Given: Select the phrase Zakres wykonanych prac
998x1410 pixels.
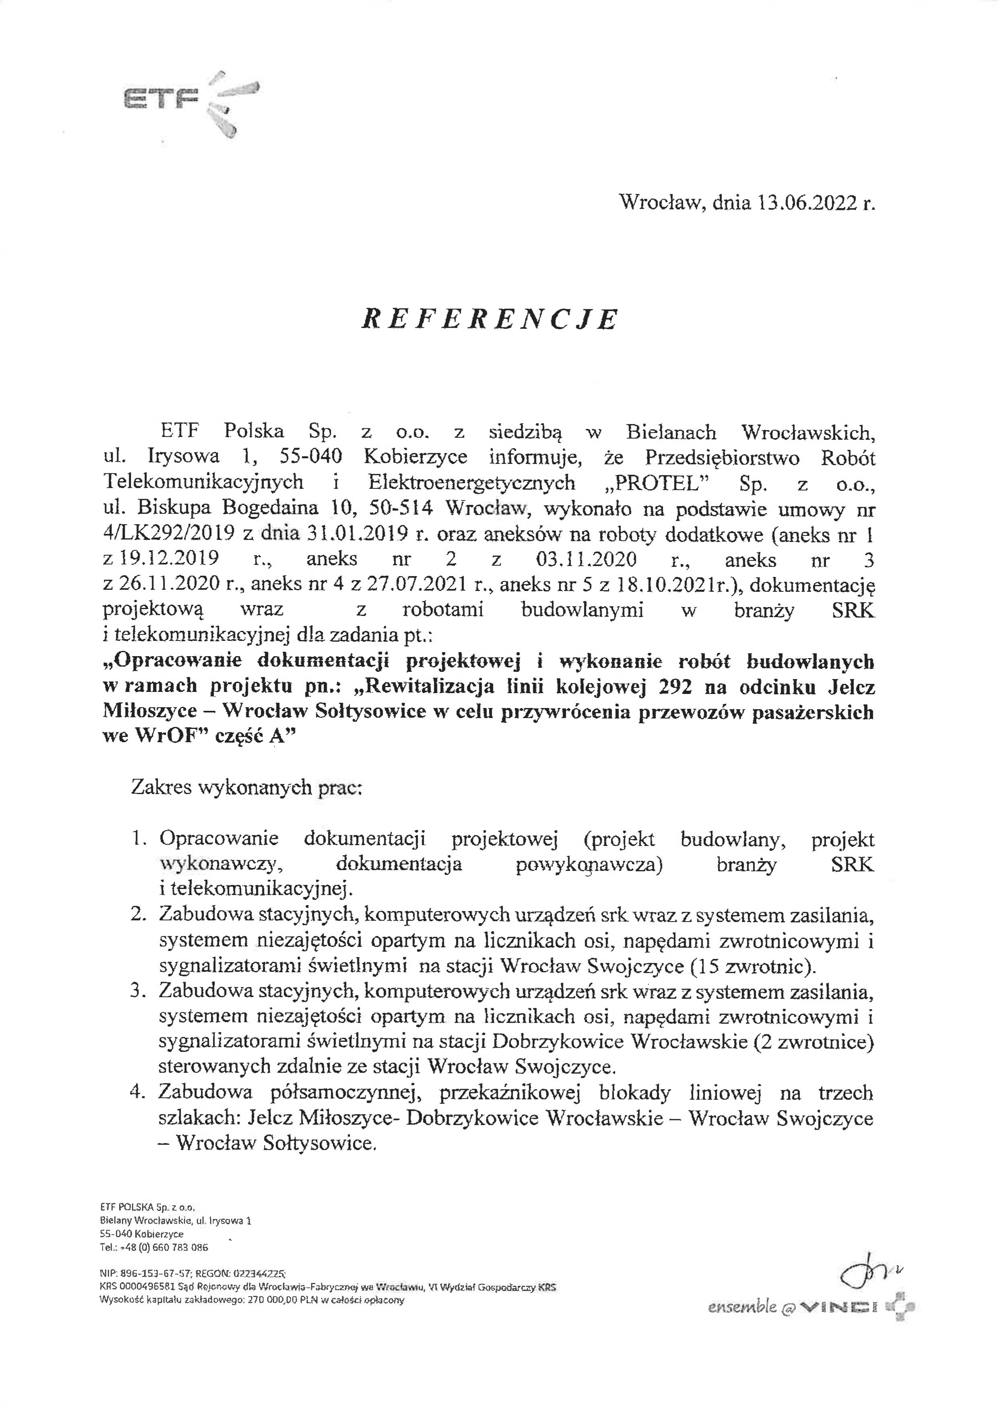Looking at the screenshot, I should [x=247, y=788].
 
